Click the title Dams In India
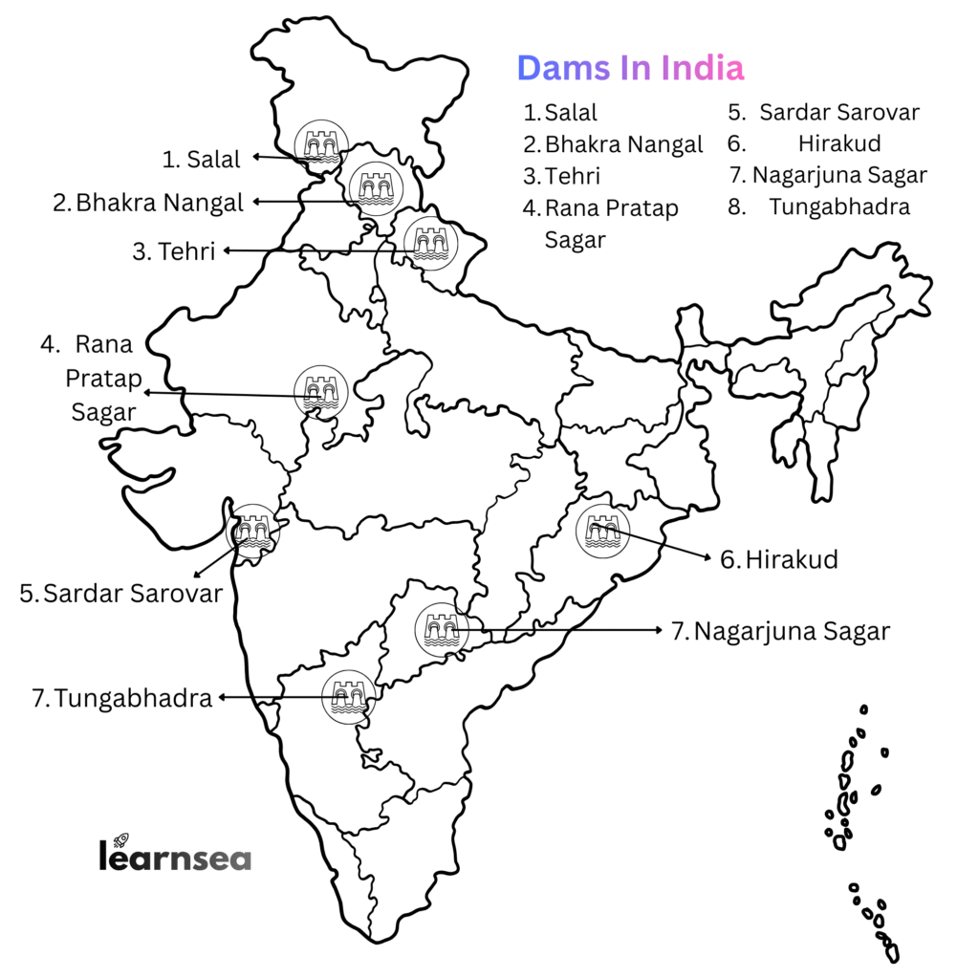[630, 68]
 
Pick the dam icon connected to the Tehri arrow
[430, 243]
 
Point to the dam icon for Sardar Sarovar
[253, 531]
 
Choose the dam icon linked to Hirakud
[603, 532]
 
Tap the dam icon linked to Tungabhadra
[349, 697]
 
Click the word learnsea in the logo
[175, 856]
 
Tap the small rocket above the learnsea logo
[121, 838]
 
